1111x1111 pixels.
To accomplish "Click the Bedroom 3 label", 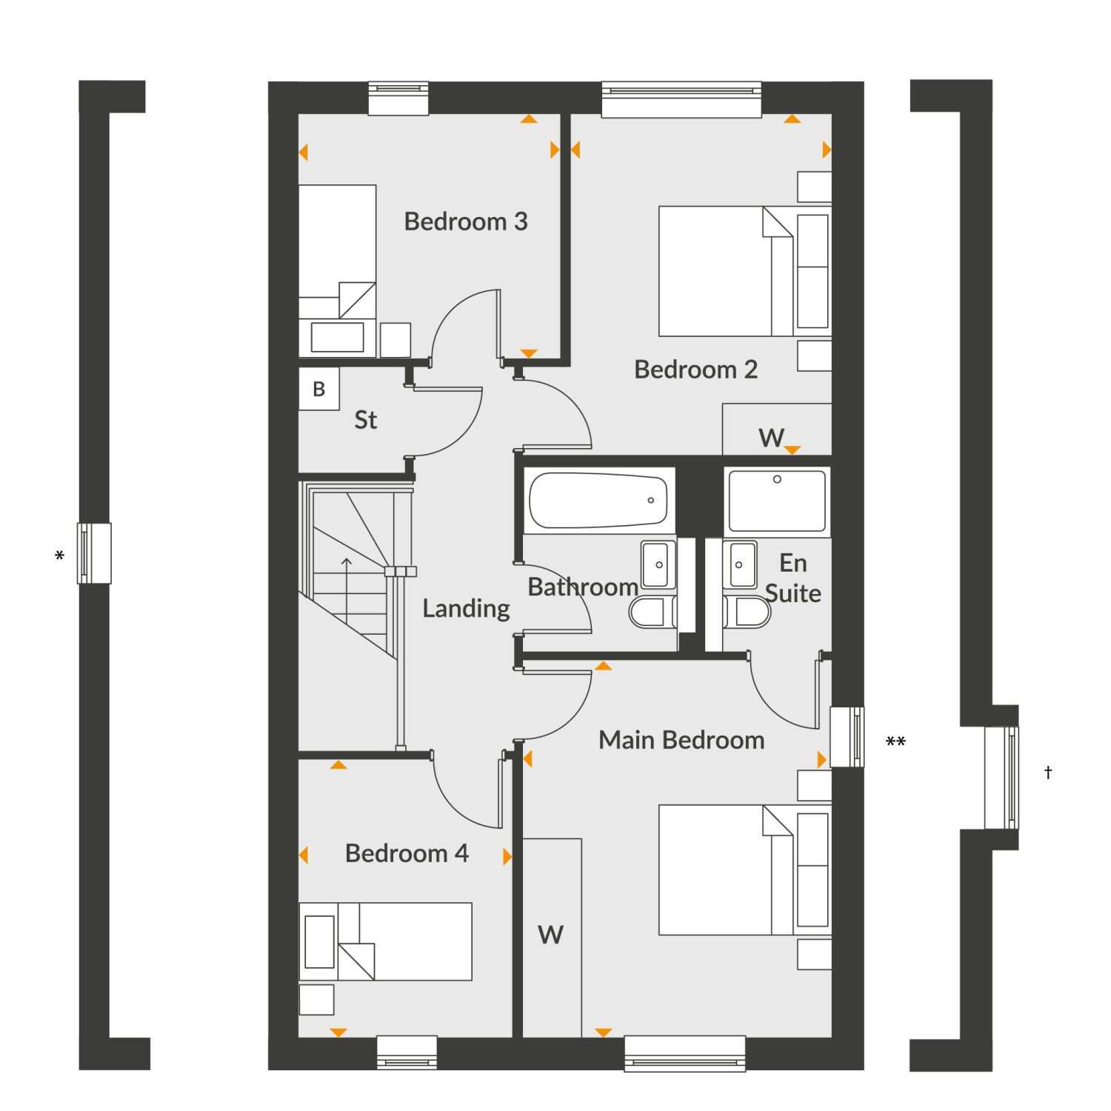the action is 466,221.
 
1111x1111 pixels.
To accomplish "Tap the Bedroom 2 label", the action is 696,369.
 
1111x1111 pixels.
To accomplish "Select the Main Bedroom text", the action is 681,739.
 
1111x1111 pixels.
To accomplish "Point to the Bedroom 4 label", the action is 407,853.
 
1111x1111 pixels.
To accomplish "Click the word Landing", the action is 466,609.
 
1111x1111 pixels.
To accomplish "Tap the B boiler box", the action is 319,389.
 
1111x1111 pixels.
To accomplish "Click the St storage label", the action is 366,420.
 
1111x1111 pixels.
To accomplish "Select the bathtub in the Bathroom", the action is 598,501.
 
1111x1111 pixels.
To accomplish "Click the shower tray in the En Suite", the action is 777,501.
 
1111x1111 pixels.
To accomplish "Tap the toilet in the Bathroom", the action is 653,613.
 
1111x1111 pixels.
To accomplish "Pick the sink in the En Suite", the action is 740,564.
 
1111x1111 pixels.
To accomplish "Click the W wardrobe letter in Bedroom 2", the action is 771,438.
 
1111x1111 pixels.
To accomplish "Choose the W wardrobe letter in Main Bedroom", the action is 550,935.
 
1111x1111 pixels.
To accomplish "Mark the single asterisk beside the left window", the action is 59,555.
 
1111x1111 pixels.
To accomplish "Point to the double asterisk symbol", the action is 895,741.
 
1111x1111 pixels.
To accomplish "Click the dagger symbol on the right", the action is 1048,773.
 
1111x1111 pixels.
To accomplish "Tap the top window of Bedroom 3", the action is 398,98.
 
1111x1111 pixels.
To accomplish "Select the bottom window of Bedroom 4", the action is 407,1052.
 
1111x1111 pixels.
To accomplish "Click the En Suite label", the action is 793,578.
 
